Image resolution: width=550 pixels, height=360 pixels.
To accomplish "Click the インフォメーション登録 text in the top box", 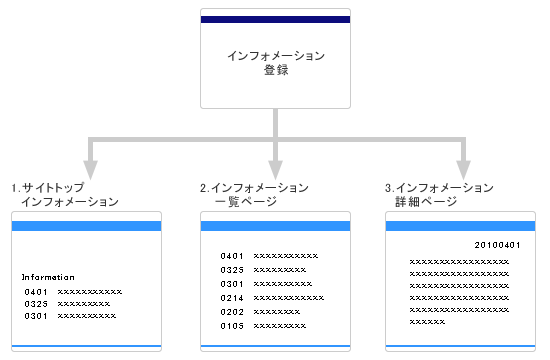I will pyautogui.click(x=276, y=62).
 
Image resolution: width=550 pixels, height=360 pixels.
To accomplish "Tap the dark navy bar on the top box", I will pyautogui.click(x=276, y=20).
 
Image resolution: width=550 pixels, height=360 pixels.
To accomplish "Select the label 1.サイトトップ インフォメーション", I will pyautogui.click(x=66, y=194).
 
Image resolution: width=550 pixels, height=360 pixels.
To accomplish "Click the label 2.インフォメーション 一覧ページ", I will pyautogui.click(x=255, y=194).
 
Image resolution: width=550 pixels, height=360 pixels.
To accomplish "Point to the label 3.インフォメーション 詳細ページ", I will pyautogui.click(x=440, y=194).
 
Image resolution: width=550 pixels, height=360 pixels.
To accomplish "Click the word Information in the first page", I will pyautogui.click(x=48, y=276).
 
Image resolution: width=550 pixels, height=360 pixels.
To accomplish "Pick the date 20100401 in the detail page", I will pyautogui.click(x=497, y=244).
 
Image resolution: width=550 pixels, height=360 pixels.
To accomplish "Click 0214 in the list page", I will pyautogui.click(x=232, y=298).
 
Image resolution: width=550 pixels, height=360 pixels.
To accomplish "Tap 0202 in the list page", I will pyautogui.click(x=232, y=312).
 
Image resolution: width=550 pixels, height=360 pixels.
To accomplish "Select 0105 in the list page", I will pyautogui.click(x=232, y=326).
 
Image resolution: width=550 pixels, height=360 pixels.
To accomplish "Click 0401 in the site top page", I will pyautogui.click(x=37, y=291).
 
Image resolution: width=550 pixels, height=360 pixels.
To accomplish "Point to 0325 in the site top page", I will pyautogui.click(x=37, y=303).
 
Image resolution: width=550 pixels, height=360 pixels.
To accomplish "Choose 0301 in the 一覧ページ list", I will pyautogui.click(x=232, y=284).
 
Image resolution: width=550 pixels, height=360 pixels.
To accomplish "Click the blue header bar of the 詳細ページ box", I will pyautogui.click(x=462, y=226).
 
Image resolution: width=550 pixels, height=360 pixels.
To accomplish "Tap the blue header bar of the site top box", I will pyautogui.click(x=86, y=226).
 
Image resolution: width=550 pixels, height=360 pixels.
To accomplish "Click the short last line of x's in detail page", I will pyautogui.click(x=427, y=322).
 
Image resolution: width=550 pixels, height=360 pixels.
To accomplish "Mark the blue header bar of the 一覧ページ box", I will pyautogui.click(x=276, y=226).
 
